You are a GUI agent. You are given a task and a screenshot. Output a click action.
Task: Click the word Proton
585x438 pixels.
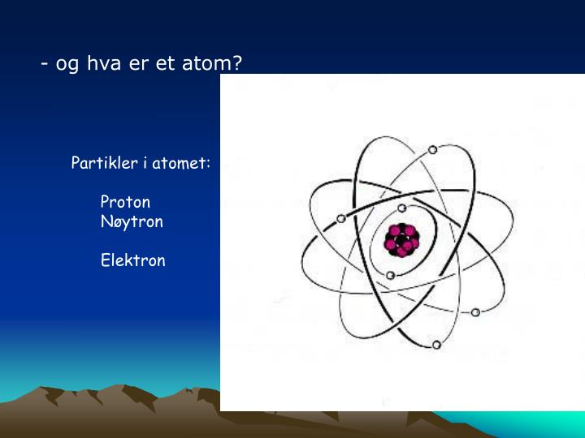tap(125, 202)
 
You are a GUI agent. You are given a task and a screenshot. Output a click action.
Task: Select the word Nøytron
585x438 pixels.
tap(132, 221)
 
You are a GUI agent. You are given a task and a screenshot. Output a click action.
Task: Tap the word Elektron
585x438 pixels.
tap(132, 260)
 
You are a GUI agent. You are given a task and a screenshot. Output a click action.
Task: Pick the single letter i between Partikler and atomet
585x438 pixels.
tap(145, 163)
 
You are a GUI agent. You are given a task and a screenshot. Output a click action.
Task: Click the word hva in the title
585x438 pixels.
tap(106, 63)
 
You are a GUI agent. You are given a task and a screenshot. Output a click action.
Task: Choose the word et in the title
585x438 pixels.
tap(166, 63)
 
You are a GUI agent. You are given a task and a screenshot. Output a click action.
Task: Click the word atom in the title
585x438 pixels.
tap(206, 63)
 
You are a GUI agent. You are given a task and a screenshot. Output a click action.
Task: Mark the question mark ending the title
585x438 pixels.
tap(237, 63)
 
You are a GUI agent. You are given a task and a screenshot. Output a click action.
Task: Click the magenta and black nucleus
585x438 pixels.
tap(400, 240)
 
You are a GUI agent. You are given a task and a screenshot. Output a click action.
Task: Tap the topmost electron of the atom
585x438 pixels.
tap(432, 149)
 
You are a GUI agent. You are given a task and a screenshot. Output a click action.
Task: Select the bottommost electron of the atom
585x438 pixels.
tap(436, 345)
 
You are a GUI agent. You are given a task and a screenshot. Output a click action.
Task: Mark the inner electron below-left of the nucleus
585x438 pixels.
tap(390, 276)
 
